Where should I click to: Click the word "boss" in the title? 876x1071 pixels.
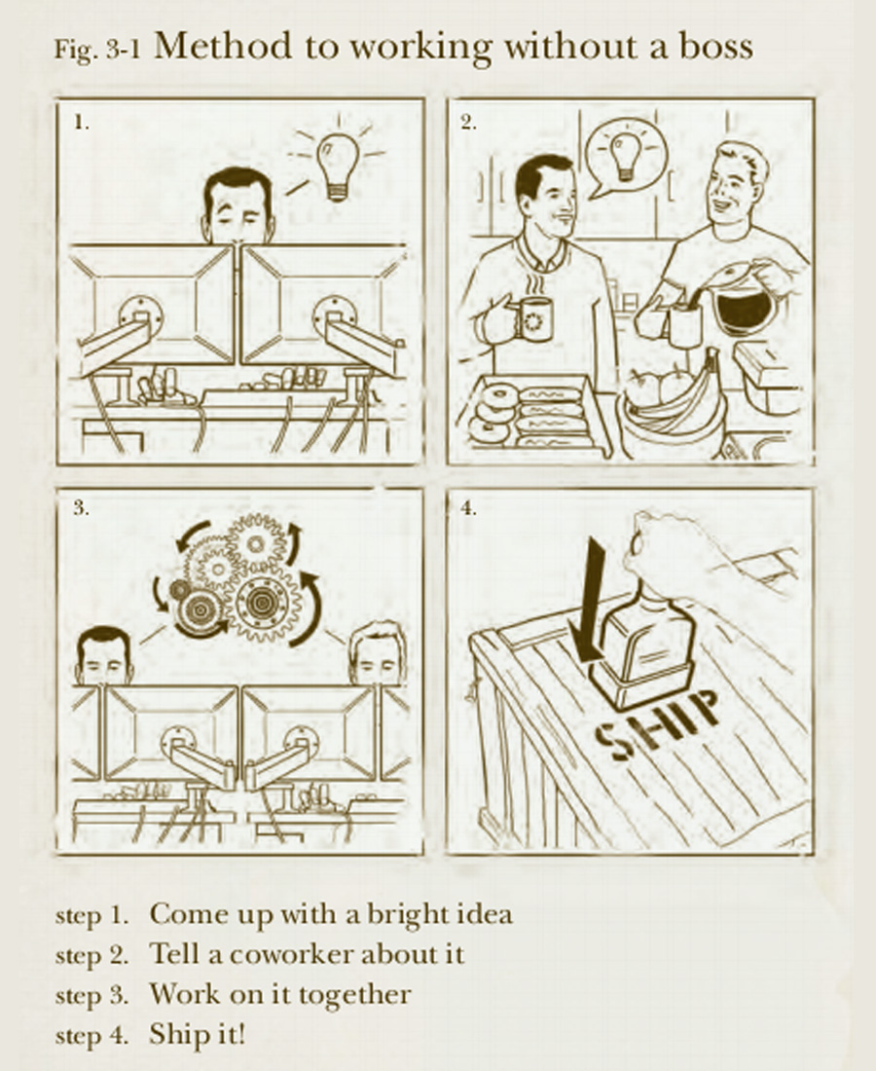click(x=715, y=47)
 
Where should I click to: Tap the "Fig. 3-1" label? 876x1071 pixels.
click(x=97, y=51)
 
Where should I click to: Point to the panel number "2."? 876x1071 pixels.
click(x=468, y=123)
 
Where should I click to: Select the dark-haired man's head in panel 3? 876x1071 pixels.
click(x=104, y=655)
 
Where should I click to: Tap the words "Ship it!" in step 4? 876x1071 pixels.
click(x=197, y=1034)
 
